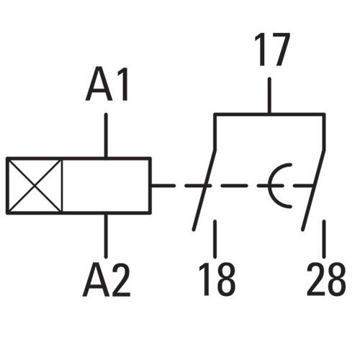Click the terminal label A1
coord(107,84)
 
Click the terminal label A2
coord(107,280)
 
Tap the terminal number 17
coord(272,50)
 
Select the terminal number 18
coord(217,279)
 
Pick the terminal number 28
coord(326,279)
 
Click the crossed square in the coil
coord(35,186)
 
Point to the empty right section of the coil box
coord(107,186)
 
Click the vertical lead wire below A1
coord(106,135)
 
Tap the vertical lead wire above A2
coord(106,235)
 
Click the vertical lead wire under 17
coord(269,95)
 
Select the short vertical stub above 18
coord(215,239)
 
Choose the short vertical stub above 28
coord(324,239)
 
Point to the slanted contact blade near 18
coord(204,190)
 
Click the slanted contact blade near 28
coord(313,190)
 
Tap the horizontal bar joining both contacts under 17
coord(269,114)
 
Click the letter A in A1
coord(99,84)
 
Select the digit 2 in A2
coord(121,280)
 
